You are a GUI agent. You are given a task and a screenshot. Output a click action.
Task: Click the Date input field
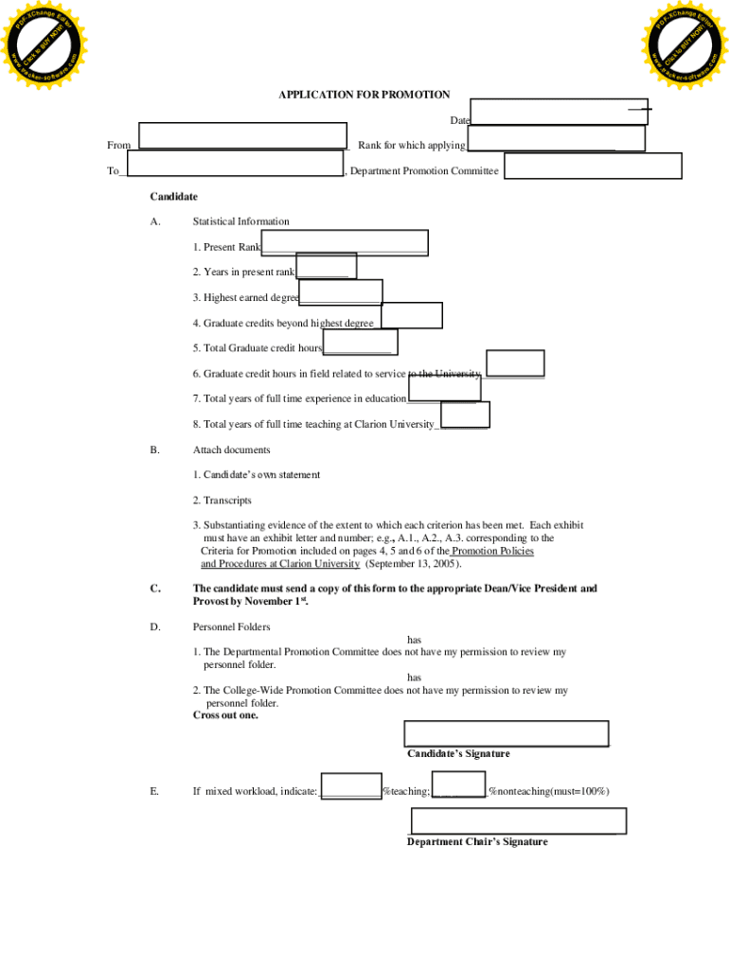[x=559, y=112]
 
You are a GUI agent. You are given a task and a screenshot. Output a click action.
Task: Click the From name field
[x=243, y=135]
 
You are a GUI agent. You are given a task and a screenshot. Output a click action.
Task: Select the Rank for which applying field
[x=556, y=138]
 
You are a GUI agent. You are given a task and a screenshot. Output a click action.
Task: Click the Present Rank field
[x=345, y=243]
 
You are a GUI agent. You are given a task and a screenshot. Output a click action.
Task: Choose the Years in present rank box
[x=326, y=266]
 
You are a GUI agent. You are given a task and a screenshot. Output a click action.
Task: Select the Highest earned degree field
[x=341, y=292]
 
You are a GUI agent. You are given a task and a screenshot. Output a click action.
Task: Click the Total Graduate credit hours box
[x=361, y=342]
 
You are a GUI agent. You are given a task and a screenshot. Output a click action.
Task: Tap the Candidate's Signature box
[x=506, y=733]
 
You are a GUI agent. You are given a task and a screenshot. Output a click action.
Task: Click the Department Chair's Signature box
[x=518, y=821]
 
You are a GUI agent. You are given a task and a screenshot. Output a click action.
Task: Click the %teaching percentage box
[x=351, y=786]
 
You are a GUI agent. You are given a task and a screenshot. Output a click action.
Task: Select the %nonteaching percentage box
[x=458, y=784]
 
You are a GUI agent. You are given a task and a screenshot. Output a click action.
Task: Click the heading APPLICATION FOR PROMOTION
[x=364, y=95]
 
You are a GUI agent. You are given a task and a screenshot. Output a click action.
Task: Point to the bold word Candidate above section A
[x=173, y=197]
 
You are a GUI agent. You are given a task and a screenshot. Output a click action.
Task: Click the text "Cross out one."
[x=225, y=715]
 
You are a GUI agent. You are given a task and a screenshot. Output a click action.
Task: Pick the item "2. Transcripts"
[x=222, y=501]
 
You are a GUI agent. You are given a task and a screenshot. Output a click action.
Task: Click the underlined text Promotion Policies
[x=492, y=551]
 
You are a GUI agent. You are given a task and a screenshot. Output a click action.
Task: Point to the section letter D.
[x=154, y=626]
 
